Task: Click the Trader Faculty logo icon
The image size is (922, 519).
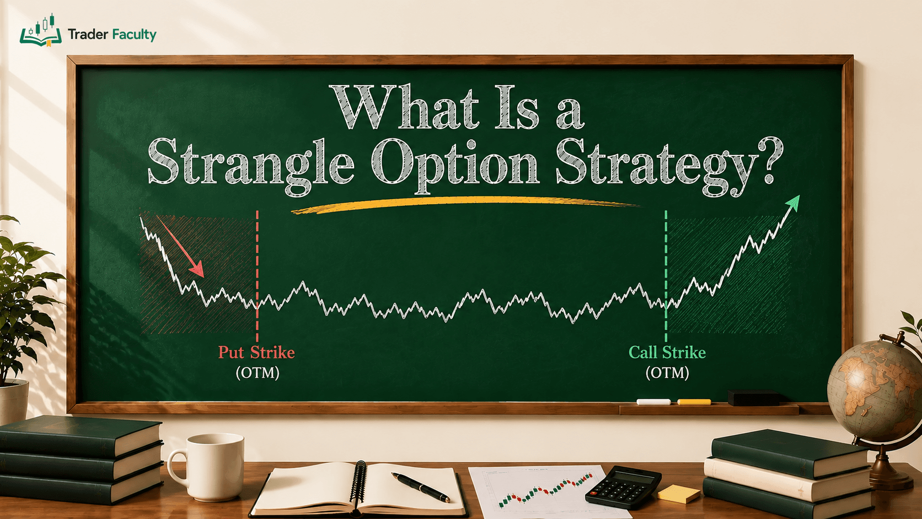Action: (x=40, y=30)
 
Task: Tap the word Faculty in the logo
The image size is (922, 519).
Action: (x=134, y=35)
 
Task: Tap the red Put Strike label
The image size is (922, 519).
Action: (x=256, y=353)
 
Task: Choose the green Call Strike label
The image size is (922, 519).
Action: (x=667, y=353)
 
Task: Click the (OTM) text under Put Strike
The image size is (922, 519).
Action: (x=258, y=373)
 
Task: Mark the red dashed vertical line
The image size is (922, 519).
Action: (x=258, y=276)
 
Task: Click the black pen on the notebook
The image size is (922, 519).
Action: (x=420, y=488)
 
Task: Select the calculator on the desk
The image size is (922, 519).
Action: (x=623, y=487)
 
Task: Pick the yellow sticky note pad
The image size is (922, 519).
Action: (x=678, y=493)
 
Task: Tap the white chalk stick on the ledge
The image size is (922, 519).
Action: (x=653, y=402)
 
